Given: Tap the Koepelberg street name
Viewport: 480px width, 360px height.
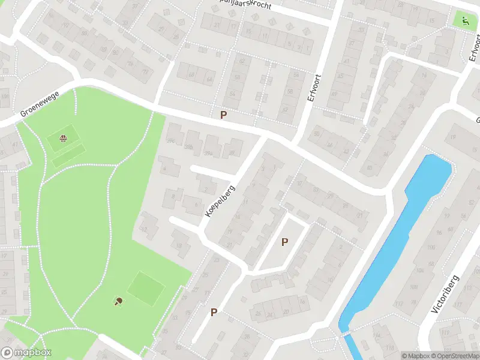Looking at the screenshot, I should pyautogui.click(x=220, y=200).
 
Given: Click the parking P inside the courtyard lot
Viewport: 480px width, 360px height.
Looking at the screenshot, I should pyautogui.click(x=285, y=242).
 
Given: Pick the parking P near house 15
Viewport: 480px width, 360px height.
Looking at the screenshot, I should pyautogui.click(x=214, y=313).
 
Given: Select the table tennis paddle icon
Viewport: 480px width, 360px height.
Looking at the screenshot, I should pyautogui.click(x=118, y=301).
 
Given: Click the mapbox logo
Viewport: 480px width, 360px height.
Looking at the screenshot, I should pyautogui.click(x=26, y=353).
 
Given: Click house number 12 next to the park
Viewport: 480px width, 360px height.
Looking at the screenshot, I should pyautogui.click(x=144, y=230).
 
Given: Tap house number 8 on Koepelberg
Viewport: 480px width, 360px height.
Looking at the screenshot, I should pyautogui.click(x=173, y=196).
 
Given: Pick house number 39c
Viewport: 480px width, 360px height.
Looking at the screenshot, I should pyautogui.click(x=171, y=142).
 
